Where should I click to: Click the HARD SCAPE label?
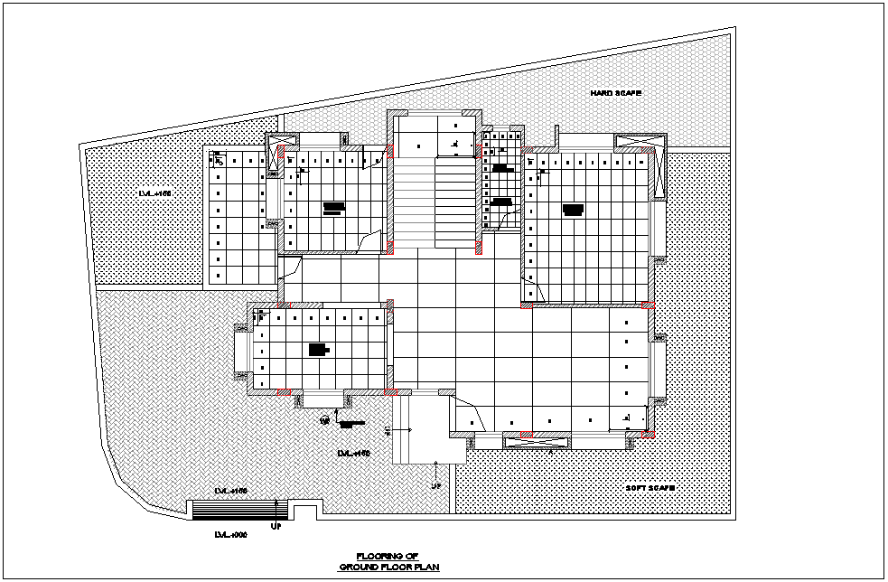(615, 93)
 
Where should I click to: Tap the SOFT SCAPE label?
(651, 488)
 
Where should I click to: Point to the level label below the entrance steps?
(230, 534)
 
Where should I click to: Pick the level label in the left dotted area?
(154, 194)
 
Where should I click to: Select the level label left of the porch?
(353, 452)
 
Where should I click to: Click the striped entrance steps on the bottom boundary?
(239, 510)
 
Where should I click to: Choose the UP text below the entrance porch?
(436, 485)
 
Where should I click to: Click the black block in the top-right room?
(573, 210)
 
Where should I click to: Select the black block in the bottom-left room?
(318, 349)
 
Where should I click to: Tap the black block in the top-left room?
(333, 208)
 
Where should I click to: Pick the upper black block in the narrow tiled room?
(500, 168)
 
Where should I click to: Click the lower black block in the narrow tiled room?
(502, 202)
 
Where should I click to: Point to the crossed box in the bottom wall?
(537, 441)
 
